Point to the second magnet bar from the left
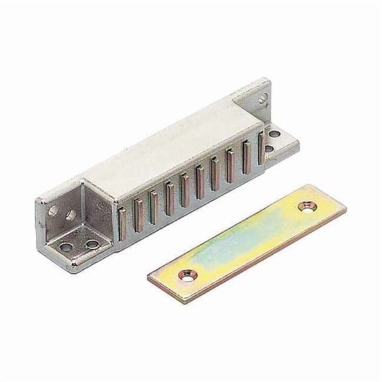click(139, 212)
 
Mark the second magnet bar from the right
click(247, 154)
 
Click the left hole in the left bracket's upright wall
click(52, 212)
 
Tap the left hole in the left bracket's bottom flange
click(68, 247)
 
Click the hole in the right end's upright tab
click(264, 99)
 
